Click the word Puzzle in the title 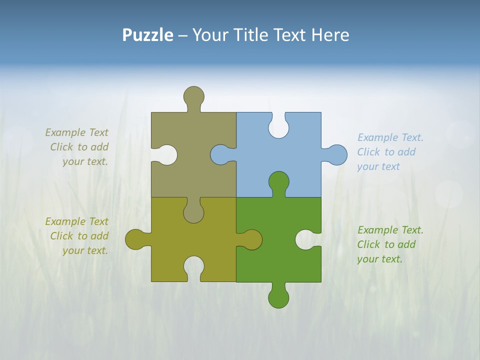147,35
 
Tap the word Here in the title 330,35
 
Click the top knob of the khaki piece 194,96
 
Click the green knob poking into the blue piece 278,181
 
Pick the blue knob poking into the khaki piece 220,154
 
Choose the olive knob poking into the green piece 251,239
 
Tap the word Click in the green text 368,244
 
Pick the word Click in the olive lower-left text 61,236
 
